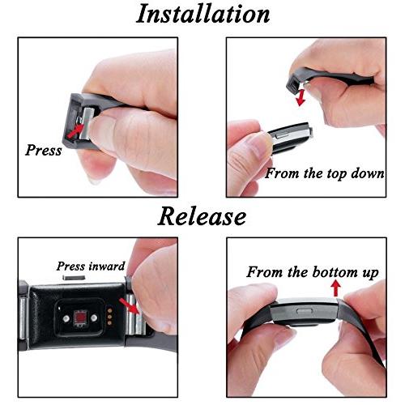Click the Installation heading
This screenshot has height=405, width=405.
tap(202, 14)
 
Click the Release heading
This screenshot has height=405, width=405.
tap(202, 216)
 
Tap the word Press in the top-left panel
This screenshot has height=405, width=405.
tap(44, 150)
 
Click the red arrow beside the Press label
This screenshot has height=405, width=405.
tap(75, 130)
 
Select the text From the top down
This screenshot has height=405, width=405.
tap(325, 173)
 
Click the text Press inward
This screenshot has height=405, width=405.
tap(91, 266)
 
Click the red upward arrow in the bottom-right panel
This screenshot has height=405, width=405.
tap(335, 288)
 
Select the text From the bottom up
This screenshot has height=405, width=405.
tap(313, 272)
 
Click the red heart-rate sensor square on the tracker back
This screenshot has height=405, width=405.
tap(80, 318)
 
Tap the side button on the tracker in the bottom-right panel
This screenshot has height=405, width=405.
tap(305, 311)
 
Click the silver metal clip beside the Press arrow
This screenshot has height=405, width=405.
tap(86, 124)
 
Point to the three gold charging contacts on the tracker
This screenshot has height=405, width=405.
tap(109, 317)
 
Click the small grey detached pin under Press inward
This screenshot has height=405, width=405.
tap(74, 277)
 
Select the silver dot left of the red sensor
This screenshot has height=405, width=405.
tap(66, 319)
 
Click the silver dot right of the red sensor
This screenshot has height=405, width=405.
tap(94, 318)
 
